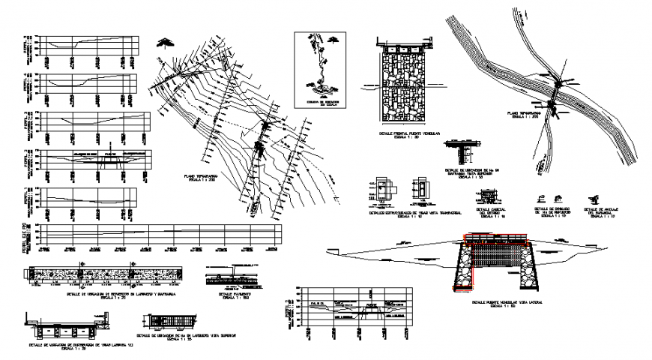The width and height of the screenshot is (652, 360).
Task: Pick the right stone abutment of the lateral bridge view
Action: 528,268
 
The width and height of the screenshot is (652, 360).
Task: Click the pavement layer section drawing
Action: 234,279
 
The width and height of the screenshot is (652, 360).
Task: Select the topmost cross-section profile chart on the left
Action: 88,45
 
